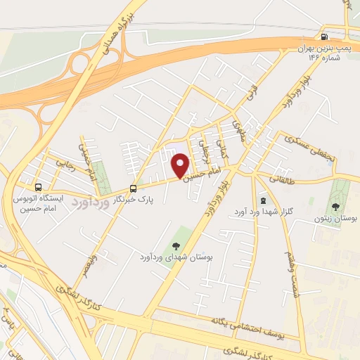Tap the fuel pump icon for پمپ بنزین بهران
[x=324, y=37]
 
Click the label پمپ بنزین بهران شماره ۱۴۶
[x=324, y=53]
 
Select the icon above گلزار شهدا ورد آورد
[x=262, y=201]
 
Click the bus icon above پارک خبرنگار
[x=133, y=188]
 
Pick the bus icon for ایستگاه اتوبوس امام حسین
[x=38, y=188]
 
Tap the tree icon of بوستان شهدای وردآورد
[x=175, y=245]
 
